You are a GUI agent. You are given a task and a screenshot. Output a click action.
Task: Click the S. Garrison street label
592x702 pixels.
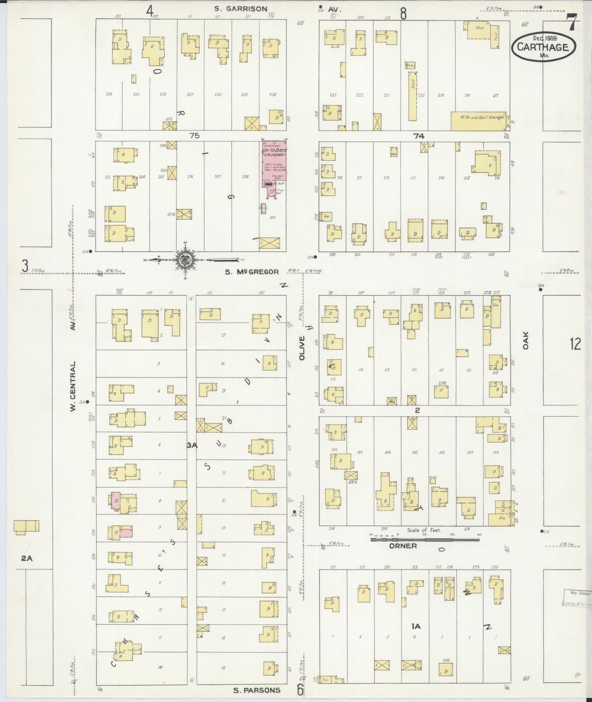(x=241, y=9)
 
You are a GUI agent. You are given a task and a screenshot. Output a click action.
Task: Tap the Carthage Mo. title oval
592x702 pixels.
(x=543, y=47)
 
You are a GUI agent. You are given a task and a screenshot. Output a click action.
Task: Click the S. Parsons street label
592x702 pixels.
(x=257, y=690)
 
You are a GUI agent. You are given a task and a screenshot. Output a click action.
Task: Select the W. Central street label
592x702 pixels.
(x=73, y=386)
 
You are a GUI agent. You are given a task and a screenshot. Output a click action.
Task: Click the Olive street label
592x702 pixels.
(x=302, y=348)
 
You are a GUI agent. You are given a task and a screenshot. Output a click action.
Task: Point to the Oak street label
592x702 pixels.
(x=526, y=340)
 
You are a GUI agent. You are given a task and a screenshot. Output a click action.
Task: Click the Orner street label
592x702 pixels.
(x=403, y=546)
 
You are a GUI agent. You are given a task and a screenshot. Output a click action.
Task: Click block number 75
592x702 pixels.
(x=195, y=135)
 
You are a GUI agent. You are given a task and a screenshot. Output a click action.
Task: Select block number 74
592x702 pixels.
(x=419, y=136)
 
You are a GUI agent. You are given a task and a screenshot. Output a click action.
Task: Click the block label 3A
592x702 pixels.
(x=192, y=445)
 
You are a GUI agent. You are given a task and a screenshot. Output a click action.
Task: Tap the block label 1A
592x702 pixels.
(x=416, y=626)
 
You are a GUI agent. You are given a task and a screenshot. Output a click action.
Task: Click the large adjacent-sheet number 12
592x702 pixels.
(x=575, y=344)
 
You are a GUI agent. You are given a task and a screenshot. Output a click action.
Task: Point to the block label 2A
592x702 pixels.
(x=27, y=559)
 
